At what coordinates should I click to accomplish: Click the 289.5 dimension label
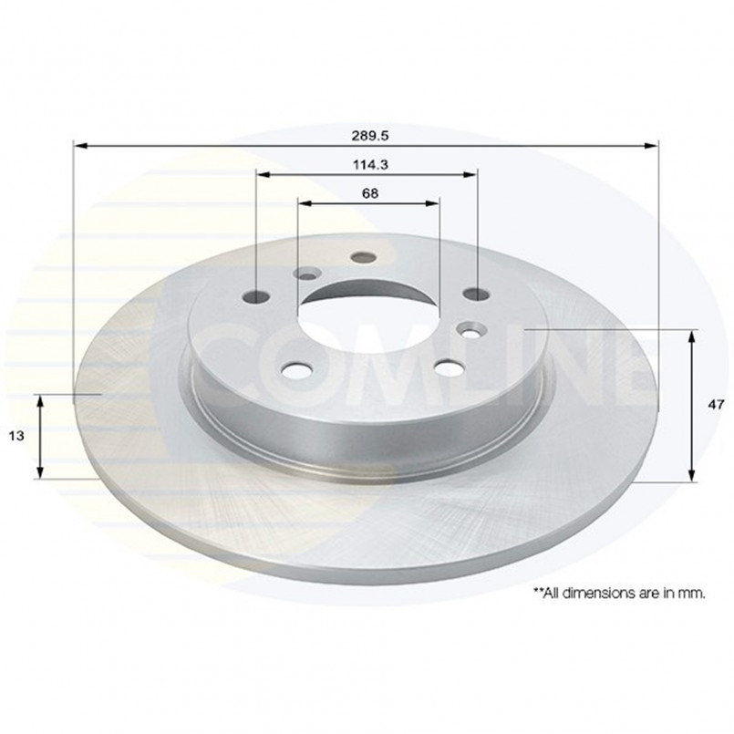coord(370,136)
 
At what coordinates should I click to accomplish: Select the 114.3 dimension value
coord(370,165)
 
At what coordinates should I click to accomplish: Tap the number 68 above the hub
coord(370,193)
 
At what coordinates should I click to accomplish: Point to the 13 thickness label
coord(16,436)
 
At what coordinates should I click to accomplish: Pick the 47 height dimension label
coord(716,405)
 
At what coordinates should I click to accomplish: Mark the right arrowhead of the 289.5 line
coord(651,146)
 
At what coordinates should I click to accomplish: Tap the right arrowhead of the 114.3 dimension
coord(470,174)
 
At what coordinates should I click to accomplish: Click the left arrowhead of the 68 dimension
coord(305,203)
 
